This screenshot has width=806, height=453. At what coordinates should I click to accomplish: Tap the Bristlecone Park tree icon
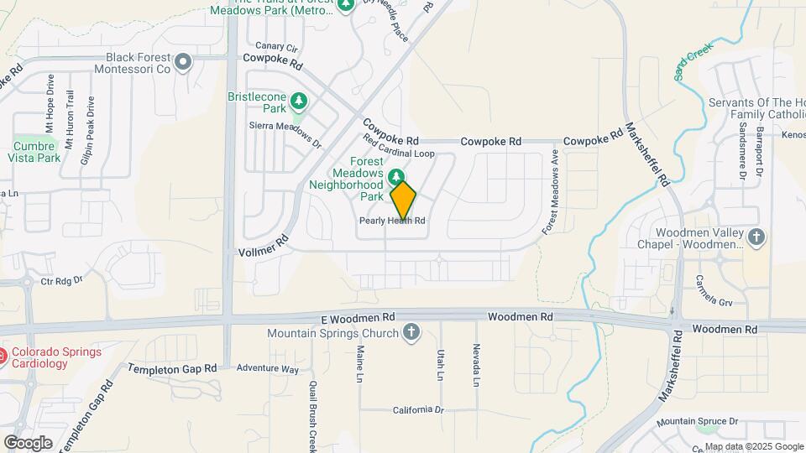(x=299, y=102)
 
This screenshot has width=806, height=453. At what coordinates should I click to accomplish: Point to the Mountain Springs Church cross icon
(x=411, y=333)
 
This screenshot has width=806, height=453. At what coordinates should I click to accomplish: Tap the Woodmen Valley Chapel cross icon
(x=756, y=237)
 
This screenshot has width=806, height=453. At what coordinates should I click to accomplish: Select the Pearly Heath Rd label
(x=392, y=221)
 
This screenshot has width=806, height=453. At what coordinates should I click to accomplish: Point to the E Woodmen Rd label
(x=358, y=319)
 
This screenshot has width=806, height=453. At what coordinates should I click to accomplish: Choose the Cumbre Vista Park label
(x=36, y=151)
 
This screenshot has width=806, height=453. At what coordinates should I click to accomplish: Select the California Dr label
(x=417, y=410)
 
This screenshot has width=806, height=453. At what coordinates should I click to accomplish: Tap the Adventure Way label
(x=267, y=368)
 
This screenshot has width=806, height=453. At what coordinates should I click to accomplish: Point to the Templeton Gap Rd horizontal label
(x=171, y=368)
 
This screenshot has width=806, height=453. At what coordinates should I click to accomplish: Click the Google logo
(x=28, y=443)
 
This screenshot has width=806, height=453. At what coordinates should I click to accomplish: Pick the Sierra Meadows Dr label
(x=285, y=133)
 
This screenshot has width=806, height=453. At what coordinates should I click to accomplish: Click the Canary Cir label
(x=276, y=47)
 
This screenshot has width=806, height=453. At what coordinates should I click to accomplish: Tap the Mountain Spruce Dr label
(x=698, y=421)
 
